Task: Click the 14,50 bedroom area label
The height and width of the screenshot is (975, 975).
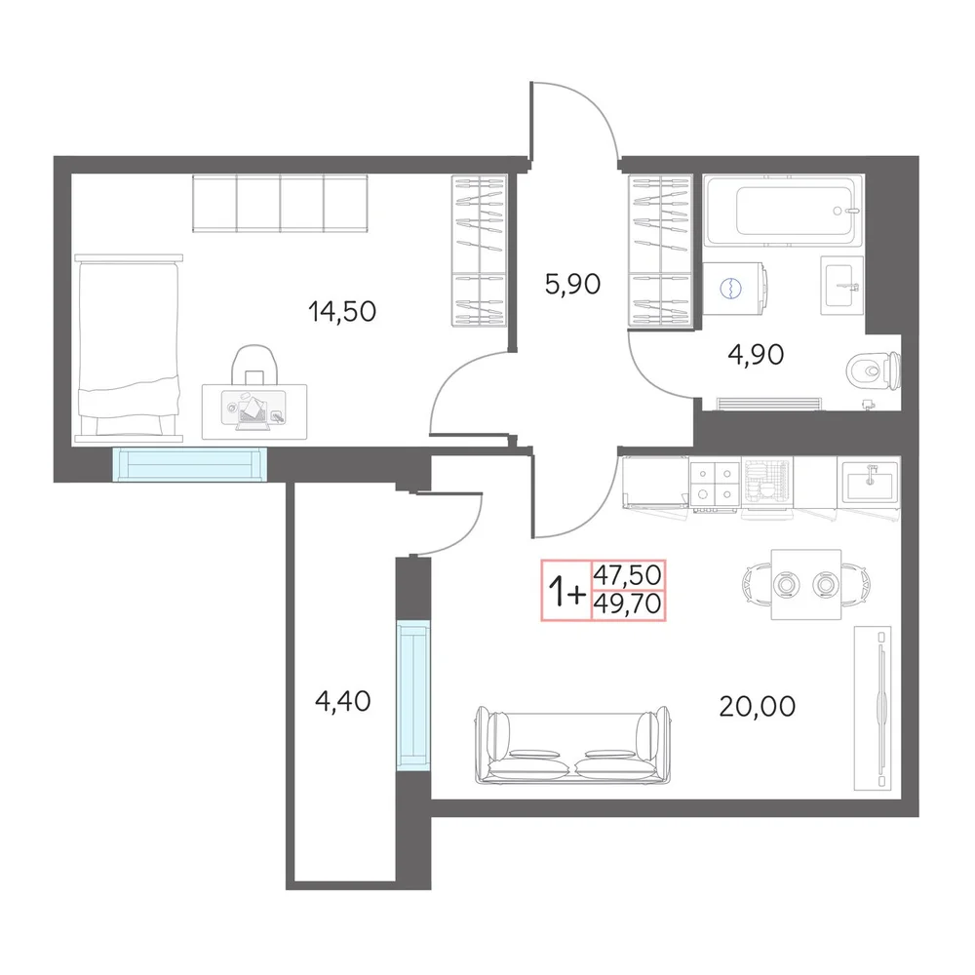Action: pos(342,311)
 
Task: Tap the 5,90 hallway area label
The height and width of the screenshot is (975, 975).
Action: pos(572,284)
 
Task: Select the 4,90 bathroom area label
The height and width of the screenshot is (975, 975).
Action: pos(756,355)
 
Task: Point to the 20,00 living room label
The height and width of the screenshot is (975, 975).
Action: pos(757,706)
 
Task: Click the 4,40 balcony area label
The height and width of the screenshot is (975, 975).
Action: pos(342,701)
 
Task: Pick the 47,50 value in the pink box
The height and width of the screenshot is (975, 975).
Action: pos(627,575)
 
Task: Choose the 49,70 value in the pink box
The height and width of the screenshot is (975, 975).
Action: pos(627,604)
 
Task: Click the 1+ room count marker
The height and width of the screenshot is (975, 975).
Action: pos(566,591)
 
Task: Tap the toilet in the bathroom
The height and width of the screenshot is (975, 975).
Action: pos(873,371)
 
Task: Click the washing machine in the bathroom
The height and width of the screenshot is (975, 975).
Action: pos(734,288)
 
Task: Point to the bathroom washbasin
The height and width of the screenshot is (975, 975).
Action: pos(841,286)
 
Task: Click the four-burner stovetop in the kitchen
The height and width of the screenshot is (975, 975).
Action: pos(715,484)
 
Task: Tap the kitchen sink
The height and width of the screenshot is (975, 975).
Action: pos(868,483)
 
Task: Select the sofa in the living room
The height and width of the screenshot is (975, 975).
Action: pos(572,745)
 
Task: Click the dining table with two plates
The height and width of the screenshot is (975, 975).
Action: pos(806,584)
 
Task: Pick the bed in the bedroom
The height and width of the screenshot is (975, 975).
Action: pos(129,348)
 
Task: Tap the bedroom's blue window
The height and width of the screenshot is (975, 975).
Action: pos(190,464)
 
